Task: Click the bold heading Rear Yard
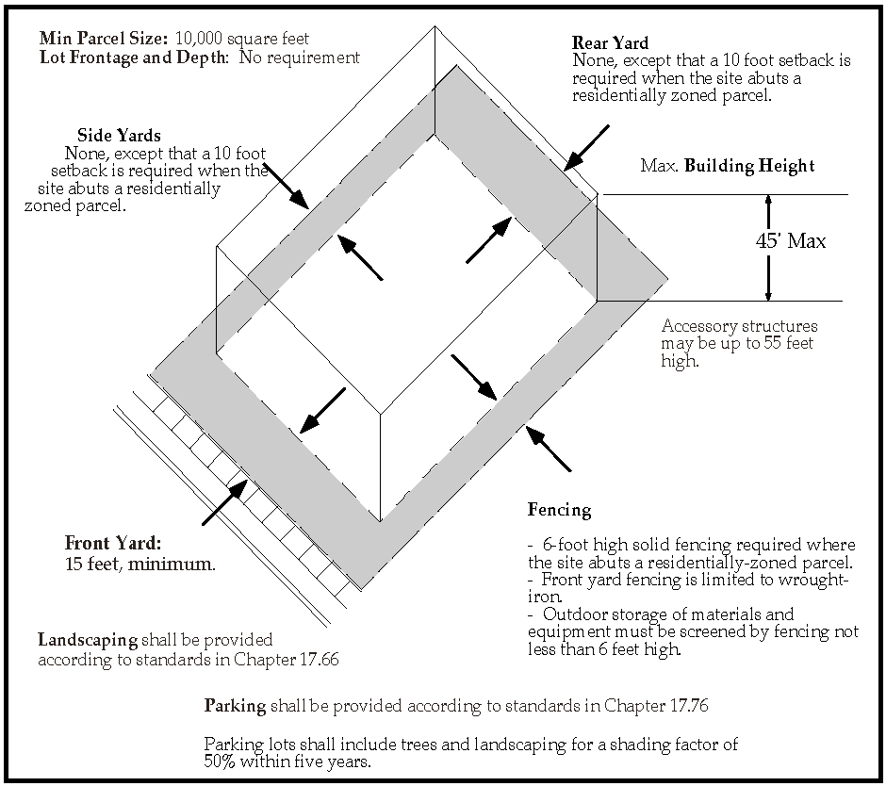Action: click(x=610, y=43)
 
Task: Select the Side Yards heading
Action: click(x=119, y=136)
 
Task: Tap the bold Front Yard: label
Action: click(x=113, y=544)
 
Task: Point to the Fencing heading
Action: click(x=559, y=511)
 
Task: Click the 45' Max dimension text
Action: click(x=790, y=241)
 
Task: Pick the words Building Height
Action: click(x=749, y=167)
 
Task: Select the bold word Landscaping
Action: click(x=87, y=640)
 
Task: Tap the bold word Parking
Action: click(x=235, y=706)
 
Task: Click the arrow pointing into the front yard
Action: click(x=226, y=500)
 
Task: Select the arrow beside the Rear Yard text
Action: click(x=585, y=150)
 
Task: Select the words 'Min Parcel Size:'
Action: click(x=104, y=40)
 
